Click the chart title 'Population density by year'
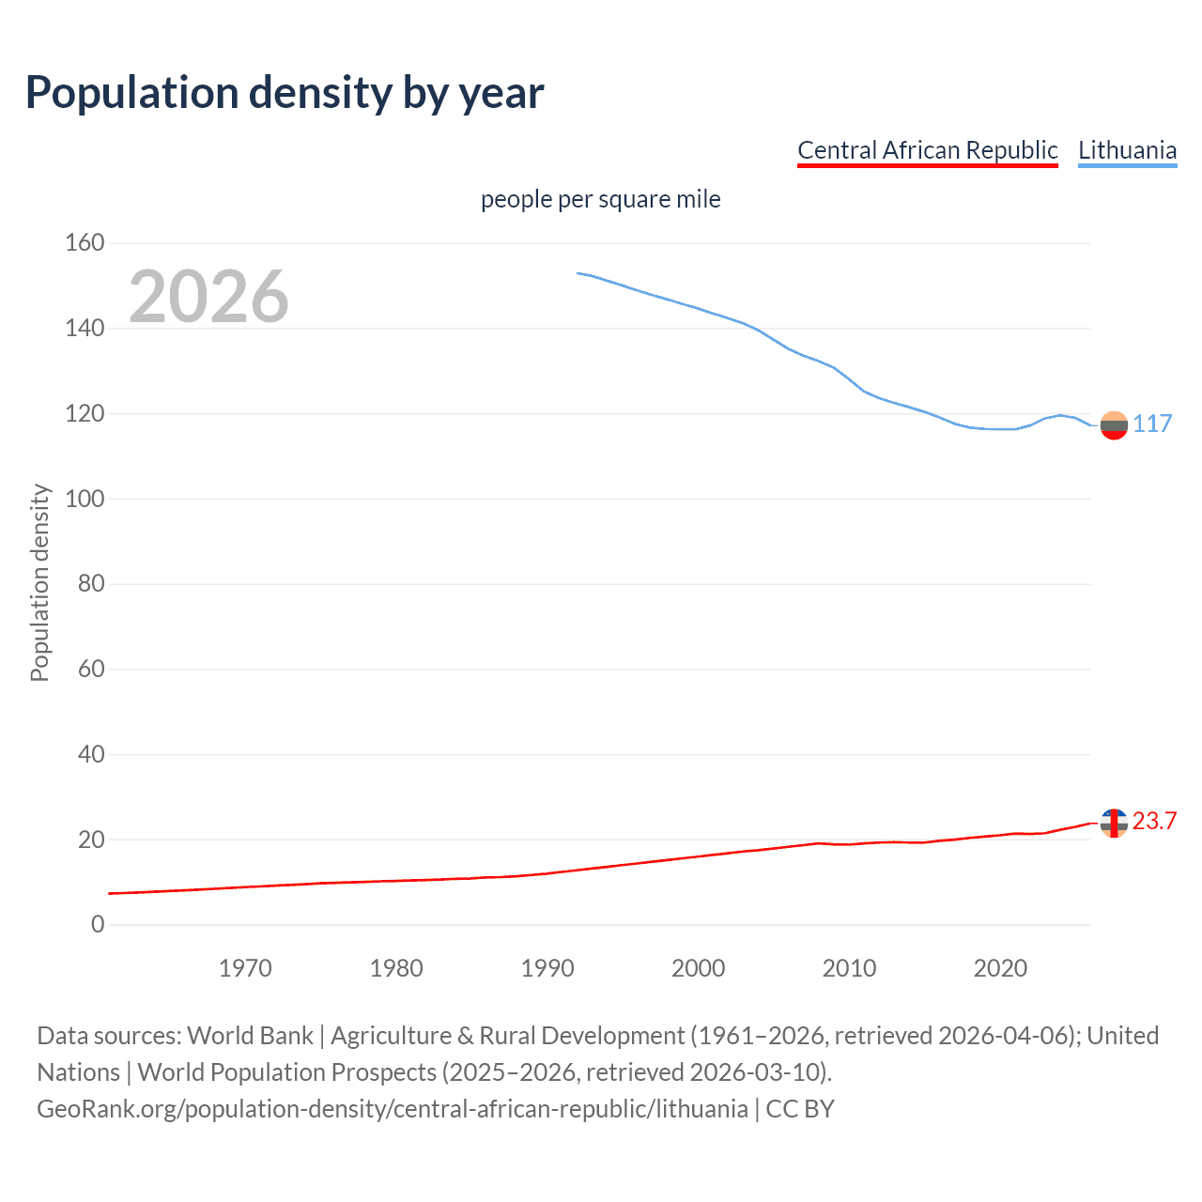285,93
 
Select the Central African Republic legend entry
927,150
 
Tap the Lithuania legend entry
1127,150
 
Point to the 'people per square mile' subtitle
600,199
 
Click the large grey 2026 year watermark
208,297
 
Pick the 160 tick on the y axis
85,243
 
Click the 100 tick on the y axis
85,499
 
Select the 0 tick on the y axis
98,925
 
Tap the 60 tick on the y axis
91,670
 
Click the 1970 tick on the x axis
245,968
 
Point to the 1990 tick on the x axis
547,968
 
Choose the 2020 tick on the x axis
1000,968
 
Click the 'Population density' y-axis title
39,582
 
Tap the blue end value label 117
1152,424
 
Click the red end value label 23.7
1154,822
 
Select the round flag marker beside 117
1114,425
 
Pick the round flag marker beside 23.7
1114,823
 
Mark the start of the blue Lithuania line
578,273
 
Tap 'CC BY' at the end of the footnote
800,1109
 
